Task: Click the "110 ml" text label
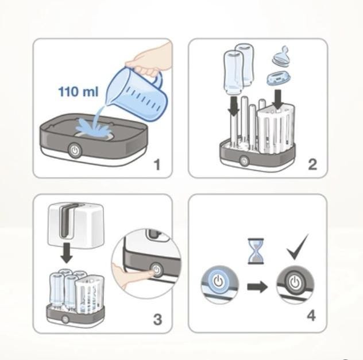tap(78, 91)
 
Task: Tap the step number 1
tap(157, 164)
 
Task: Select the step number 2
tap(312, 164)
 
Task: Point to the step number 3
tap(157, 319)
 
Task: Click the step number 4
tap(311, 316)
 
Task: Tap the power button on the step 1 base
tap(75, 151)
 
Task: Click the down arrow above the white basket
tap(278, 99)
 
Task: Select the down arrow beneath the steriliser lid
tap(67, 253)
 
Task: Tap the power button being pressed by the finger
tap(156, 270)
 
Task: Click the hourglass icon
tap(256, 251)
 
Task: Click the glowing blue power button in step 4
tap(218, 282)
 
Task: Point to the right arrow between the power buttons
tap(257, 287)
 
